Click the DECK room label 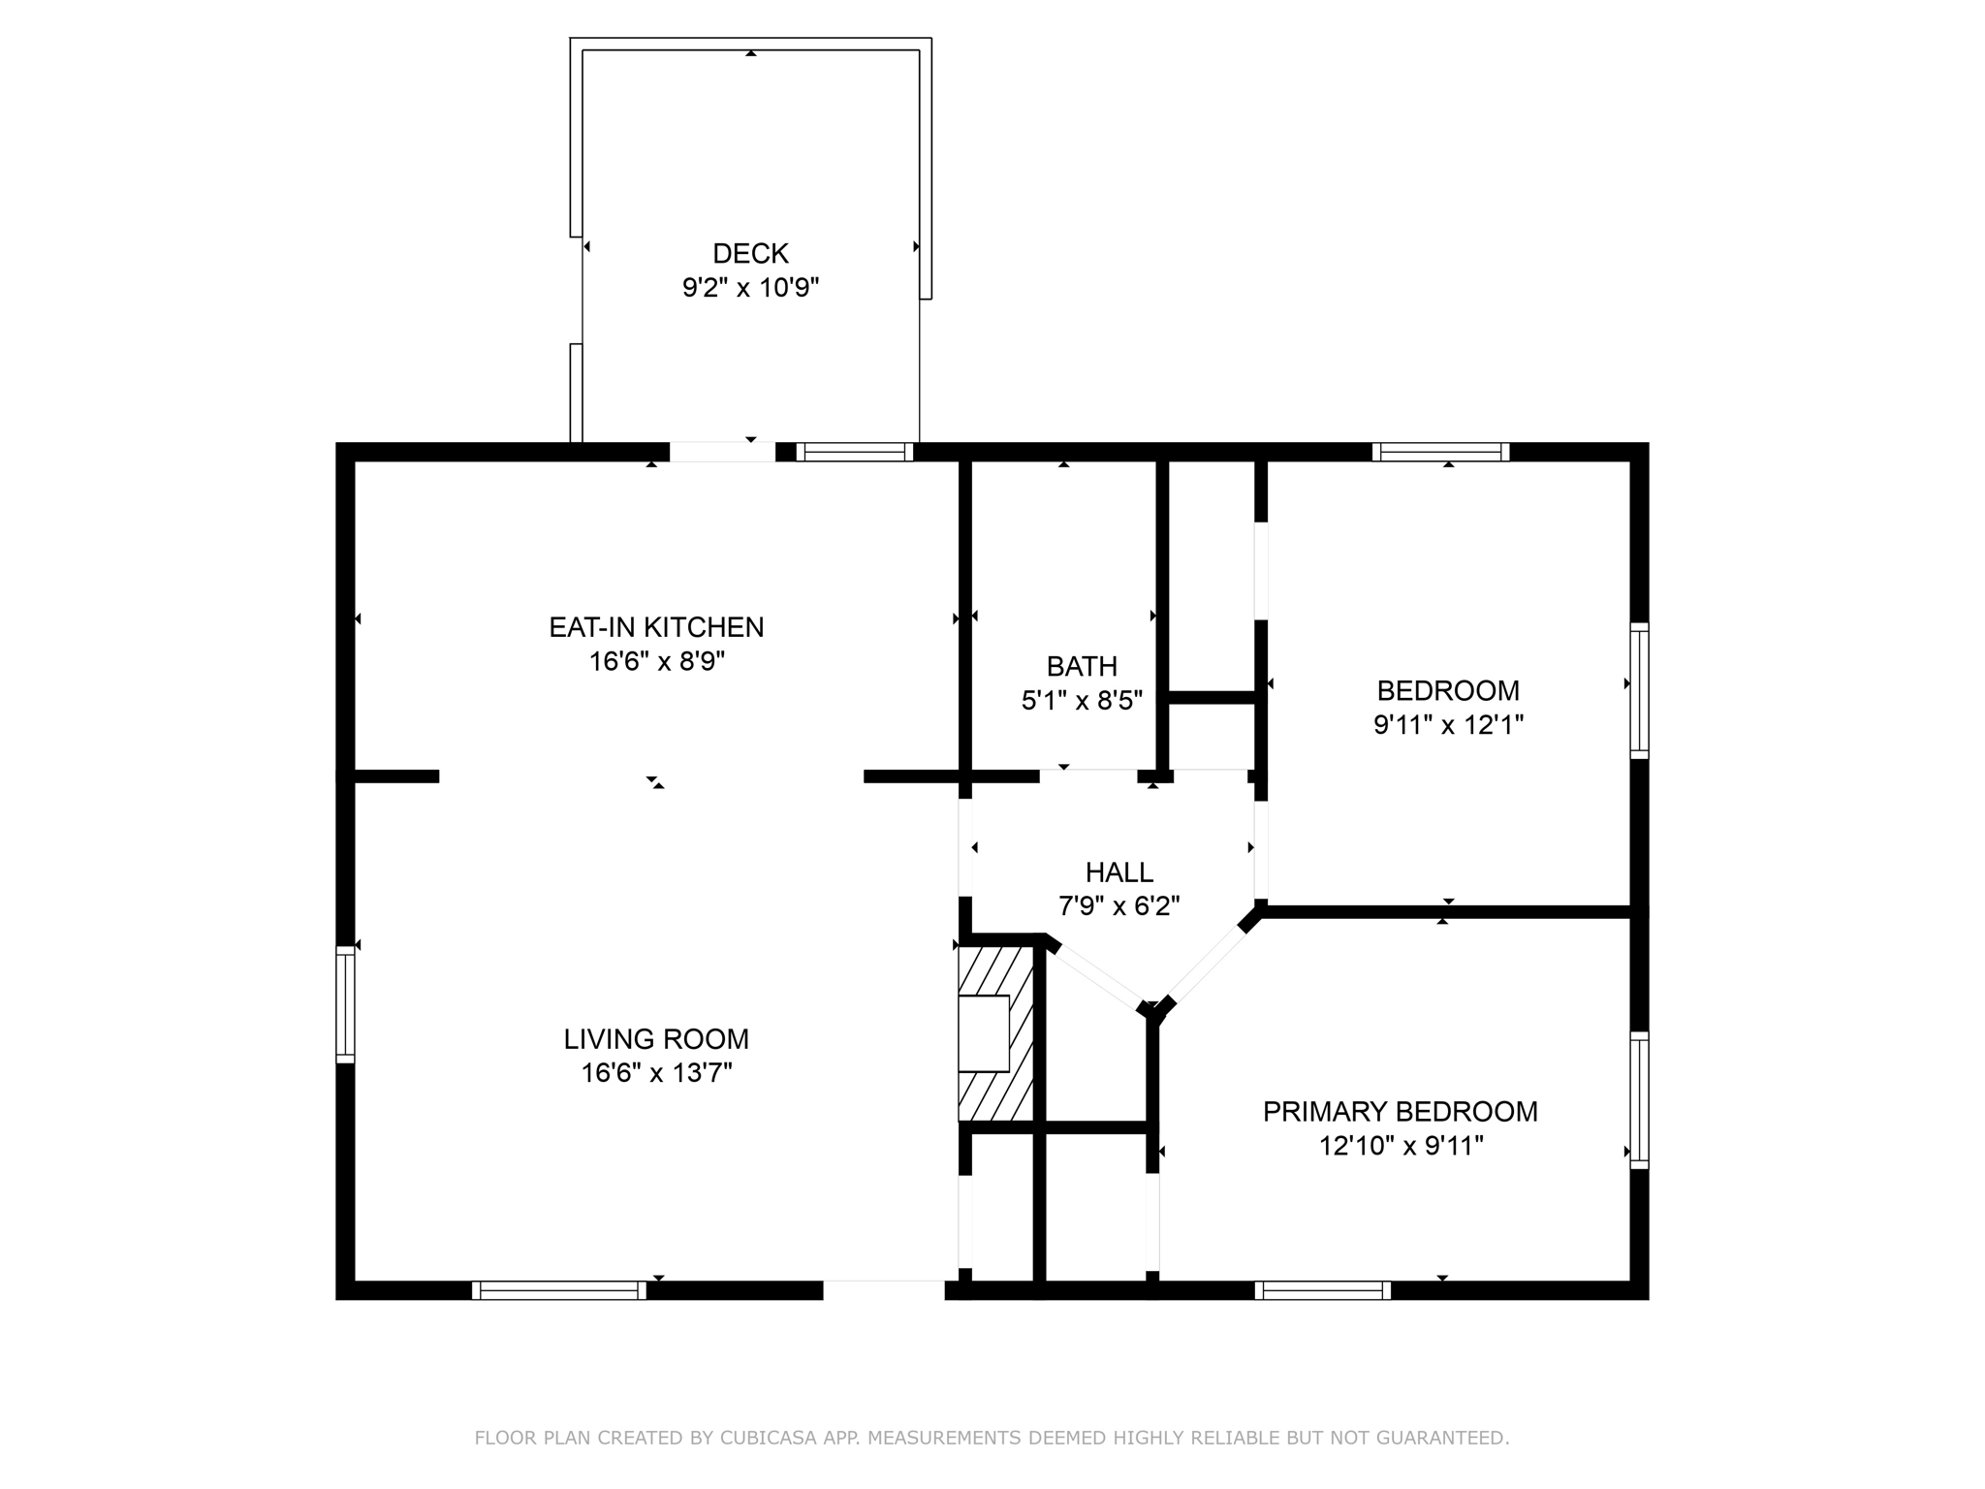[x=750, y=253]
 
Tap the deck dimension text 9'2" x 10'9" [x=750, y=288]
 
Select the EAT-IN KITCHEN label [x=656, y=627]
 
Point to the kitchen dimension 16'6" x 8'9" [x=656, y=662]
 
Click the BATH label [x=1082, y=666]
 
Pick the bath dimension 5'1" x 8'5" [x=1082, y=701]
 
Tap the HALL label [x=1119, y=871]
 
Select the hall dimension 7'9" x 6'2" [x=1119, y=906]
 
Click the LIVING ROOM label [x=656, y=1039]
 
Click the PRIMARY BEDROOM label [x=1400, y=1112]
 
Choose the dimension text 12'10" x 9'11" [x=1400, y=1147]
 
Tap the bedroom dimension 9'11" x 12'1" [x=1448, y=725]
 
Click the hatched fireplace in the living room [x=995, y=1033]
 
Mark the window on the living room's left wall [x=345, y=1004]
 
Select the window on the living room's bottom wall [x=559, y=1290]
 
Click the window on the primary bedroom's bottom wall [x=1322, y=1290]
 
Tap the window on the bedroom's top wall [x=1440, y=452]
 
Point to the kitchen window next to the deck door [x=854, y=452]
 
